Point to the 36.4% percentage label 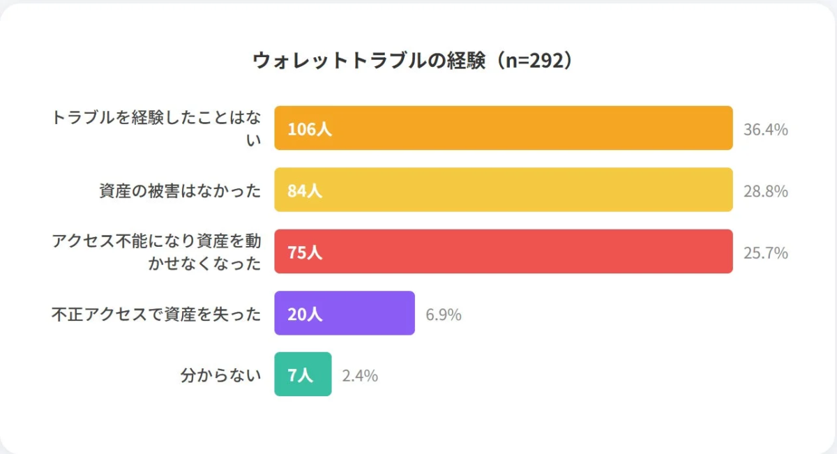coord(765,129)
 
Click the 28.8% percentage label coord(765,190)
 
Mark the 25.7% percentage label coord(765,252)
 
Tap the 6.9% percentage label coord(444,315)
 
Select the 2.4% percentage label coord(360,376)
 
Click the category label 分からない coord(220,375)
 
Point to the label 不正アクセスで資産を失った coord(156,314)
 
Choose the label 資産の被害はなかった coord(180,190)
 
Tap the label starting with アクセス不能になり coord(156,252)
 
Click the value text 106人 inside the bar coord(310,129)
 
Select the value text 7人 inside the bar coord(300,375)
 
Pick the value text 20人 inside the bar coord(305,314)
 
